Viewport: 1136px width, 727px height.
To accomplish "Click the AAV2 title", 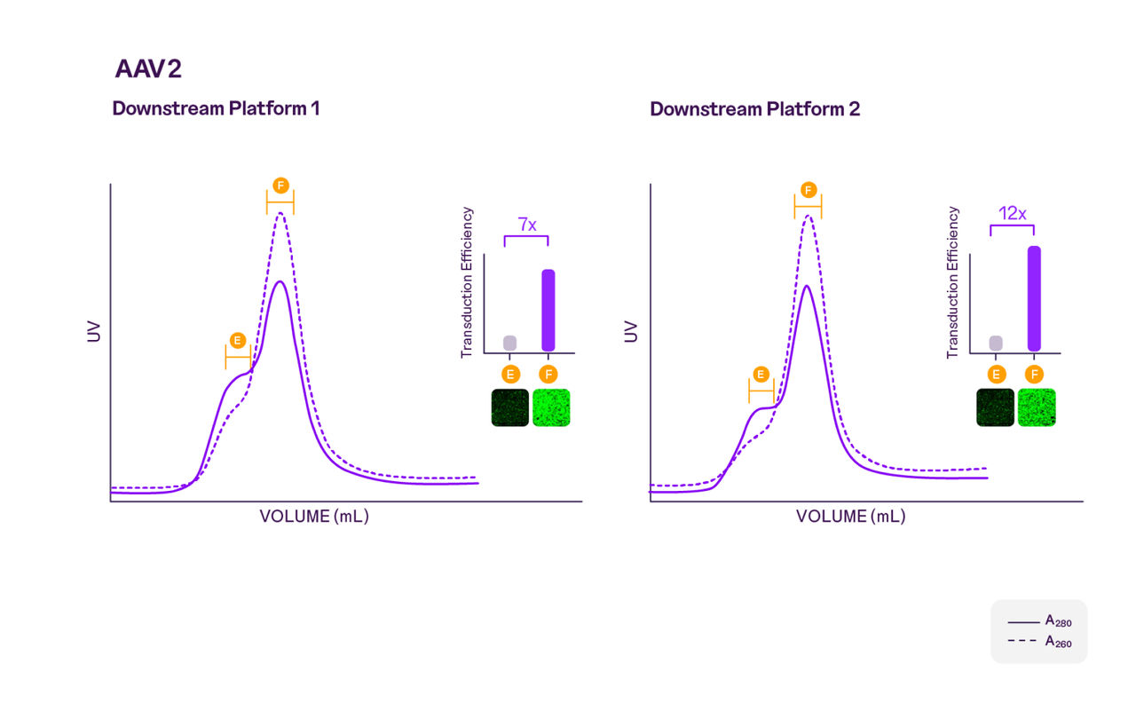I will (148, 69).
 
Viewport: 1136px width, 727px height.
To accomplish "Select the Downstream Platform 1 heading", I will (216, 109).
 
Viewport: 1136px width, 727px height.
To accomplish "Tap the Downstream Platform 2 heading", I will (754, 109).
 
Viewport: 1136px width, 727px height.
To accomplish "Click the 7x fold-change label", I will (527, 225).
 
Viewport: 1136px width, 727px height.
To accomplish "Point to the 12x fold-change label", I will (1013, 214).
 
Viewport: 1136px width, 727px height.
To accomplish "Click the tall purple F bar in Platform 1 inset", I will (548, 310).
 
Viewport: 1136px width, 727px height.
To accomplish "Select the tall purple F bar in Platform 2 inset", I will (1034, 298).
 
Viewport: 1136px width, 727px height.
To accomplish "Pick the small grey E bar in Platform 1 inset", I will (509, 343).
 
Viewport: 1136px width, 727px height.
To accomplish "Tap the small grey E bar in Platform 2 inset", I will (996, 343).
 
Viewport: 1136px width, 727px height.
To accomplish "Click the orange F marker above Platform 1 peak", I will (280, 186).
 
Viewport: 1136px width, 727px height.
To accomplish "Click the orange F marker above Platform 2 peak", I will (808, 190).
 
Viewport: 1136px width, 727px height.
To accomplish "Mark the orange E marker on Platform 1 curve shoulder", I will (237, 340).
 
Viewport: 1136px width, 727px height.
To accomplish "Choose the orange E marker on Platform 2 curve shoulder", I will (761, 374).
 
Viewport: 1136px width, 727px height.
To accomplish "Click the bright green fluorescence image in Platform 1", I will (551, 407).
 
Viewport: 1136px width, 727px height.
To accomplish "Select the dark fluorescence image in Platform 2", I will (995, 407).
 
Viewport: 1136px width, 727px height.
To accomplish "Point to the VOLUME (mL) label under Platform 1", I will (314, 517).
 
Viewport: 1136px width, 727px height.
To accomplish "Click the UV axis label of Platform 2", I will (631, 332).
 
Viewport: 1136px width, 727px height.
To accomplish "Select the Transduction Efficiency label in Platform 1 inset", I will (467, 283).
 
